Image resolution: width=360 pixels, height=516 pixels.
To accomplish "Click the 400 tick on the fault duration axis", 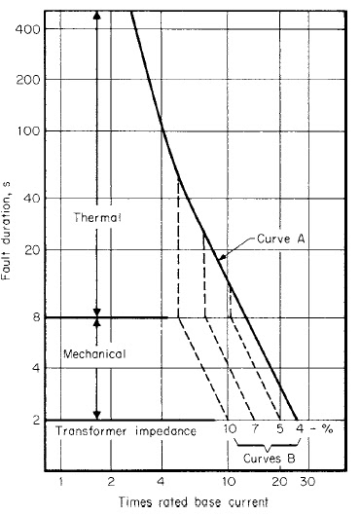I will [x=46, y=29].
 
